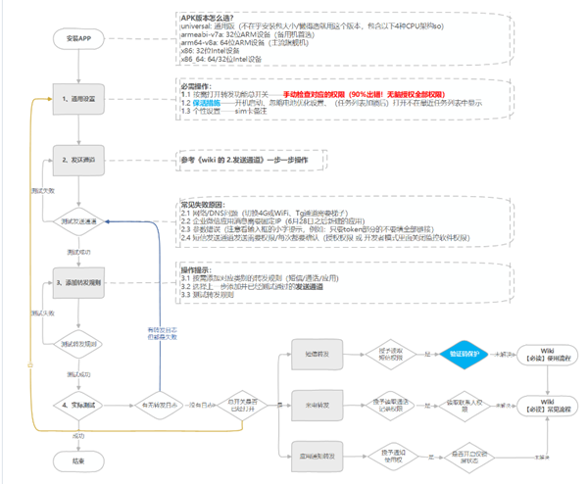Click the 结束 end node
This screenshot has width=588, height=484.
pos(79,460)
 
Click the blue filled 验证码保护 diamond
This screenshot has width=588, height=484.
pos(457,355)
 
